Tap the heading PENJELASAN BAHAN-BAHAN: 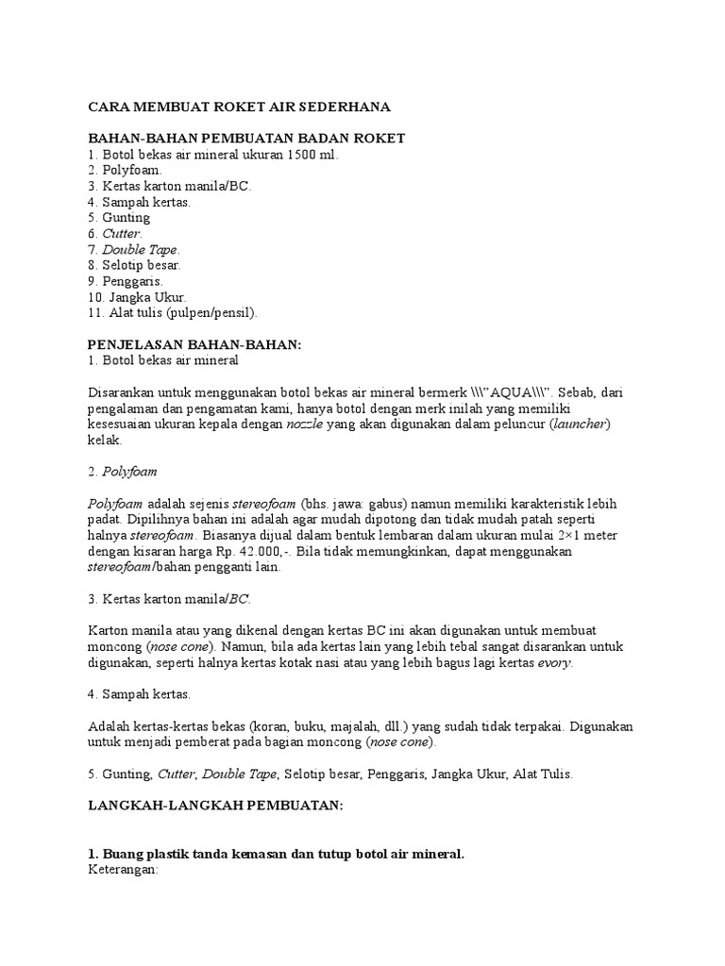tap(194, 345)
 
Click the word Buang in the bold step tap(122, 855)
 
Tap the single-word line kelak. tap(105, 441)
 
